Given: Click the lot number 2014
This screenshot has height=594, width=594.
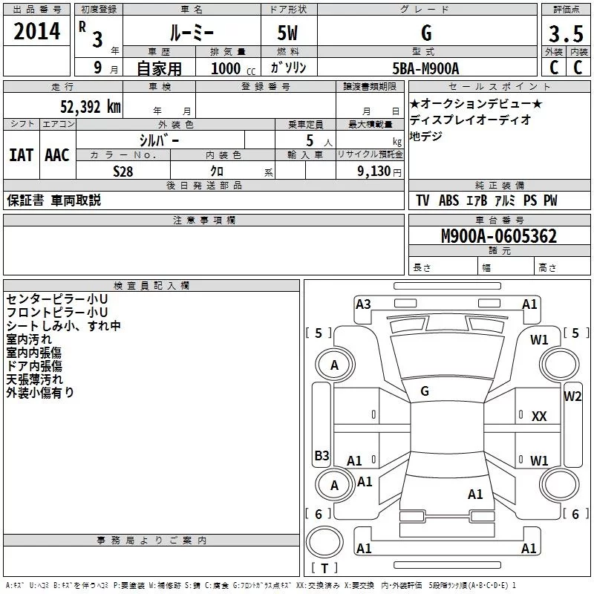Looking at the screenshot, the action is coord(37,32).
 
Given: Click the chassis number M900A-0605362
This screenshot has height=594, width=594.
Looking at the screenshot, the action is coord(499,237).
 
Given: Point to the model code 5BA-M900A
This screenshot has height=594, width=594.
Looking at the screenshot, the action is coord(425,68).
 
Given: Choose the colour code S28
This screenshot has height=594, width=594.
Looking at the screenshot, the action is coord(123,171).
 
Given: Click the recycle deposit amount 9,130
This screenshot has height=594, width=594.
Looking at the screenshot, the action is coord(369,172).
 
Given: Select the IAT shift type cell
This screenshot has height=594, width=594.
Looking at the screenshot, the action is coord(21,155).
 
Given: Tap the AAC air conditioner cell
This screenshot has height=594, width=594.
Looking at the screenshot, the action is coord(56,155).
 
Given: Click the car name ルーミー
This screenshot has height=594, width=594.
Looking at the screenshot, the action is coord(191,33).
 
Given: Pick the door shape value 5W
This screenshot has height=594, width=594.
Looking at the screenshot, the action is coord(287,33).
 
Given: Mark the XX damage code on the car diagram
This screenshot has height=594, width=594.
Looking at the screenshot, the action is coord(539,417).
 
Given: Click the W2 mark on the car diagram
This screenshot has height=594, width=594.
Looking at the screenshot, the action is coord(572,396).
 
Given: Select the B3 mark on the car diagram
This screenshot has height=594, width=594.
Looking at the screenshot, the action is coord(322,455).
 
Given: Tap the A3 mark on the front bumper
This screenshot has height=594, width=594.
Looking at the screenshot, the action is coord(363,304).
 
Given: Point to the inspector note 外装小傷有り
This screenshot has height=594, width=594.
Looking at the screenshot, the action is coord(40,393).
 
